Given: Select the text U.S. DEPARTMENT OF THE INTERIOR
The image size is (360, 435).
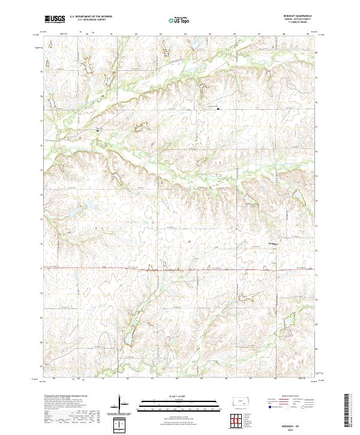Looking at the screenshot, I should coord(91,17).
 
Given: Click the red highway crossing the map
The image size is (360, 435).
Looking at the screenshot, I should coord(180,269).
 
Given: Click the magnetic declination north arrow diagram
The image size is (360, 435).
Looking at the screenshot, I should coord(121,404).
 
